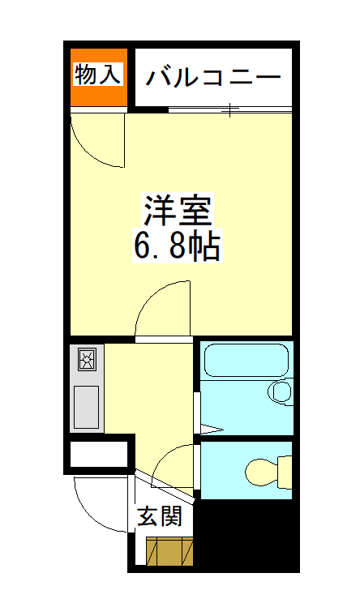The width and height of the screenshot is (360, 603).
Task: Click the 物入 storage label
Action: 97,75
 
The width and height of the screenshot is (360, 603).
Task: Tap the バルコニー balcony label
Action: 214,78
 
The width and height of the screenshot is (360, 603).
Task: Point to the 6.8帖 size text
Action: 178,246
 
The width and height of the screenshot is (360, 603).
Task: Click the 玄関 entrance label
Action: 159,516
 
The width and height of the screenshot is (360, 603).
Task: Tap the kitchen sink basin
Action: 87,406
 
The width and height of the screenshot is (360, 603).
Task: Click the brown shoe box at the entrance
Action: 170,551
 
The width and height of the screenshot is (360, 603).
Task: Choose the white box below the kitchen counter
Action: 98,454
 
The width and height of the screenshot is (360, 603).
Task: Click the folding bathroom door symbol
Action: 209,428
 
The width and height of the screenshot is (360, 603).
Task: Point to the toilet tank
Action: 285,468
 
